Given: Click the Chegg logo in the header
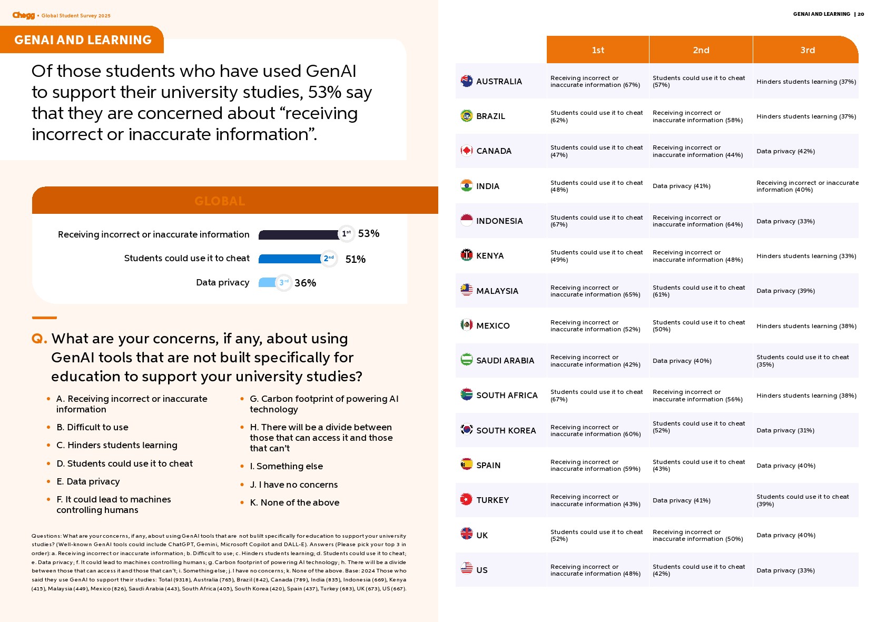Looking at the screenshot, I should coord(24,15).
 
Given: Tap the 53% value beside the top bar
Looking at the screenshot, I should coord(369,233).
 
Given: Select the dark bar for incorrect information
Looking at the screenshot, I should coord(298,234).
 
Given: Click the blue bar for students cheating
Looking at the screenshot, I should coord(290,259).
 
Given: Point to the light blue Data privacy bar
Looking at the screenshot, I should coord(268,283).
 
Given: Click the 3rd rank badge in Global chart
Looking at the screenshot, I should coord(284,283).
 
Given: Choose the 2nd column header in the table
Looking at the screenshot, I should coord(701,50).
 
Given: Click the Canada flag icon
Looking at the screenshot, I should coord(466,151).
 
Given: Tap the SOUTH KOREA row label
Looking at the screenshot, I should coord(506,430).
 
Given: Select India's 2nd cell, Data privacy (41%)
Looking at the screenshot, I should coord(681,186).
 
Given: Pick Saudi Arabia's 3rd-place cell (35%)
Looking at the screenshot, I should coord(802,361).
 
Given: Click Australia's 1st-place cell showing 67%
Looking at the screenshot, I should coord(595,81).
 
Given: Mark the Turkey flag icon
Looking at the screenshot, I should coord(466,499).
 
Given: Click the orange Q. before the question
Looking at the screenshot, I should coord(39,339).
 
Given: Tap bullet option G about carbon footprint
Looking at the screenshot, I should coord(323,404).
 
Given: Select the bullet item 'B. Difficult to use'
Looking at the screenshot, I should coord(92,427).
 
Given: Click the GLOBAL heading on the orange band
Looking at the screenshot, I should coord(220,201).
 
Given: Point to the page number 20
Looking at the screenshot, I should coord(861,14).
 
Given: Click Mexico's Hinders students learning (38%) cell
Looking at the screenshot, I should coord(806,326).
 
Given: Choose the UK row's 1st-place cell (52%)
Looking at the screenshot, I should coord(596,535).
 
